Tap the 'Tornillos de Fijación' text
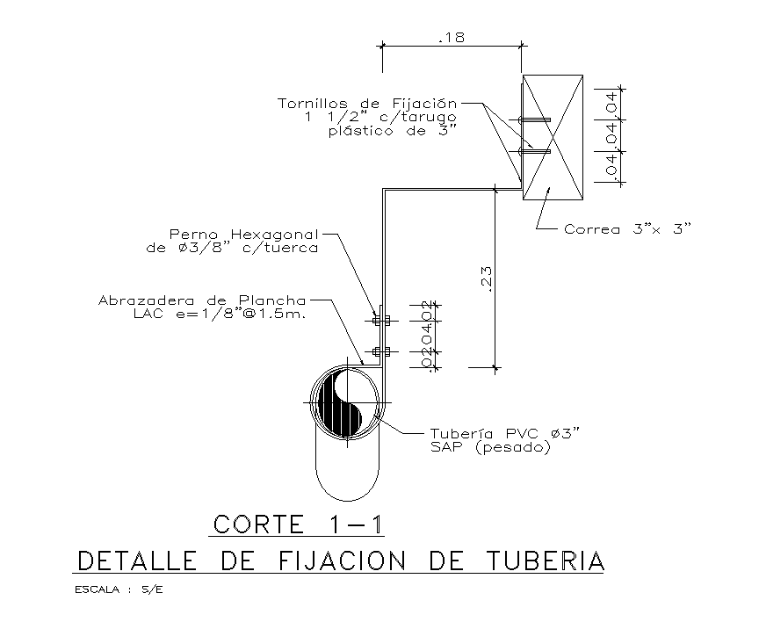pyautogui.click(x=368, y=103)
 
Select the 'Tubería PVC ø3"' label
pyautogui.click(x=505, y=434)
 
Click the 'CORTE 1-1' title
pyautogui.click(x=298, y=524)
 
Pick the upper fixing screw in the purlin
pyautogui.click(x=534, y=119)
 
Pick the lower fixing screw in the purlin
pyautogui.click(x=534, y=151)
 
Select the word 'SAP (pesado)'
pyautogui.click(x=489, y=447)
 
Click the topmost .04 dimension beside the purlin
pyautogui.click(x=611, y=104)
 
